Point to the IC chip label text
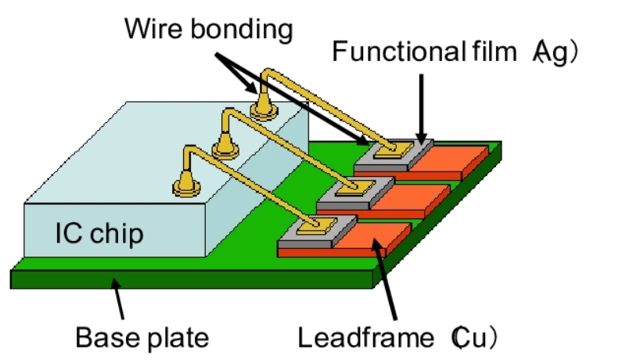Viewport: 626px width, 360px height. tap(99, 232)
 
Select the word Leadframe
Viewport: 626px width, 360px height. tap(368, 338)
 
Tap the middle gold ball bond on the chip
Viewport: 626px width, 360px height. tap(227, 145)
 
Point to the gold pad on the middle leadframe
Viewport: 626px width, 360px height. tap(354, 187)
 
